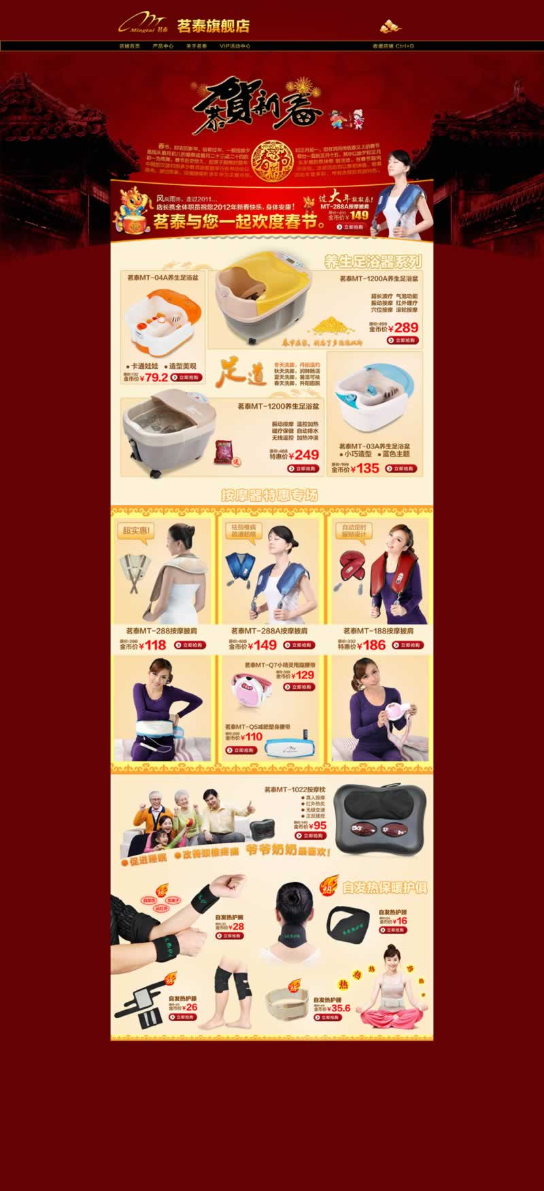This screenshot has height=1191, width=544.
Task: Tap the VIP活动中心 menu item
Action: [x=235, y=46]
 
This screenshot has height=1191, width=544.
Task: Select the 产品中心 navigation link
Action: [x=163, y=46]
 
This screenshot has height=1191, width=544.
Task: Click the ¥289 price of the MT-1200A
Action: [x=406, y=327]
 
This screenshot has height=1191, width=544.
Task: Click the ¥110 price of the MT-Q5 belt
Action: [x=254, y=736]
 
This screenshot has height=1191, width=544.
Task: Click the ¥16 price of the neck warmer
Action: [x=402, y=921]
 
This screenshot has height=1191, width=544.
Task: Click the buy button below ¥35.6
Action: [x=327, y=1018]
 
